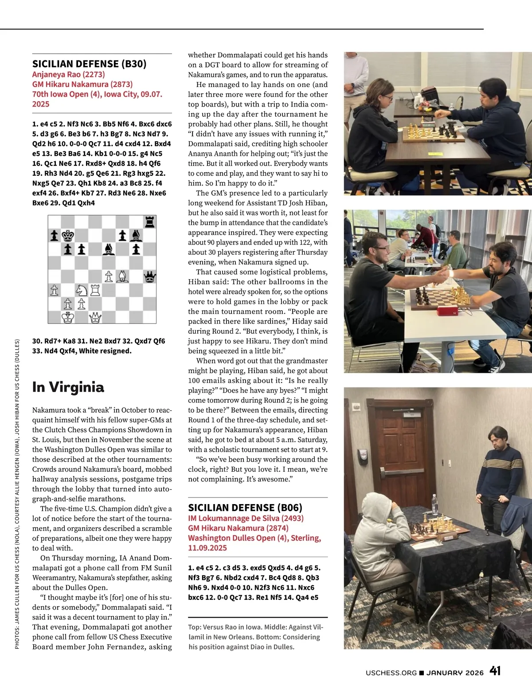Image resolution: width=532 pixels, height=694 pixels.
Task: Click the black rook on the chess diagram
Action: click(x=150, y=221)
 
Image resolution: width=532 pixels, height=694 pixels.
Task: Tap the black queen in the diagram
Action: click(x=150, y=277)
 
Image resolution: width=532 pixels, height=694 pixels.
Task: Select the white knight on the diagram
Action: click(x=82, y=290)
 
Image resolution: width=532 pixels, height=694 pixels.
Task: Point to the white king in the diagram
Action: click(x=68, y=317)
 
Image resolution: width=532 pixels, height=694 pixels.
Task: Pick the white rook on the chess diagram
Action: click(x=95, y=290)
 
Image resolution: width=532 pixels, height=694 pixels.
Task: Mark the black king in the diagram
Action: click(x=68, y=235)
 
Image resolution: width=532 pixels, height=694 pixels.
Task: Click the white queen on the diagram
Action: click(x=95, y=317)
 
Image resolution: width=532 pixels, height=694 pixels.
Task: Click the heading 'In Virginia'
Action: click(x=68, y=387)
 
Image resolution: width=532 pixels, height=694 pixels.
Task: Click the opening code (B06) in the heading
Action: click(x=289, y=508)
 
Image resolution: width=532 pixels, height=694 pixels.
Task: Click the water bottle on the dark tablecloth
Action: click(x=435, y=504)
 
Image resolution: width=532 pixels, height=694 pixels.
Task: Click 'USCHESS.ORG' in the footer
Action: click(x=391, y=673)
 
